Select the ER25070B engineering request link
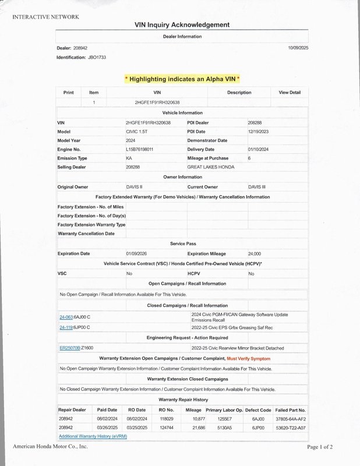(70, 348)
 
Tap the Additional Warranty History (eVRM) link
(93, 436)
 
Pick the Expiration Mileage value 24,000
(254, 254)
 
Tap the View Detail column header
(290, 93)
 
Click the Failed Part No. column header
(290, 410)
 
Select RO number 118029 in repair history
(167, 419)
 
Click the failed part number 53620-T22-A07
(290, 428)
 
